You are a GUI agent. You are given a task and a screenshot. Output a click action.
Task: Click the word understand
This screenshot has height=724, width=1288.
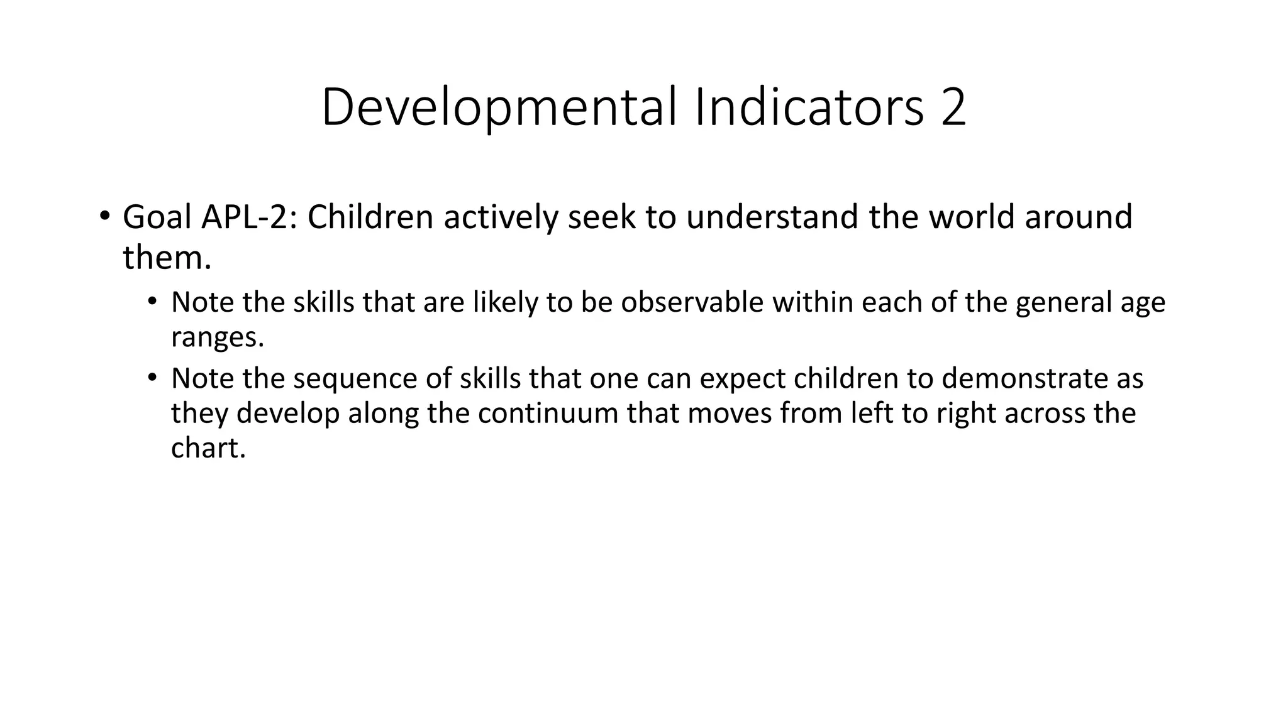[x=772, y=217]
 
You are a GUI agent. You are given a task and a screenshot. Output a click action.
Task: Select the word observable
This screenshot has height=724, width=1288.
[x=692, y=302]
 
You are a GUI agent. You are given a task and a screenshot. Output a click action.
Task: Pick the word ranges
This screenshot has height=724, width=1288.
[x=218, y=337]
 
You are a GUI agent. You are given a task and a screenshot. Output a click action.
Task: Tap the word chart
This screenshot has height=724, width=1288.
[x=208, y=448]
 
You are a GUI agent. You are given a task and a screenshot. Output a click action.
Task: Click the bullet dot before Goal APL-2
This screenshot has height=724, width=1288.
[x=104, y=216]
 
